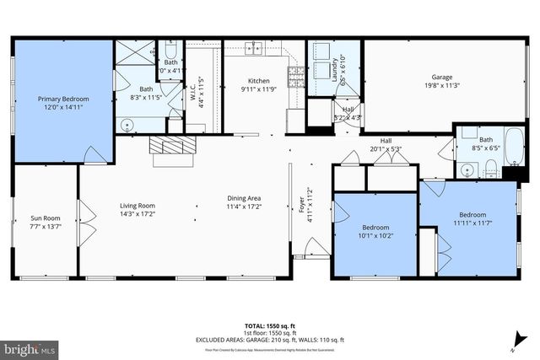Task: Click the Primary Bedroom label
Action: [63, 99]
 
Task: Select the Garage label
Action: [443, 76]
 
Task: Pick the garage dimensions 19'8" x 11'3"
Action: [443, 84]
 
